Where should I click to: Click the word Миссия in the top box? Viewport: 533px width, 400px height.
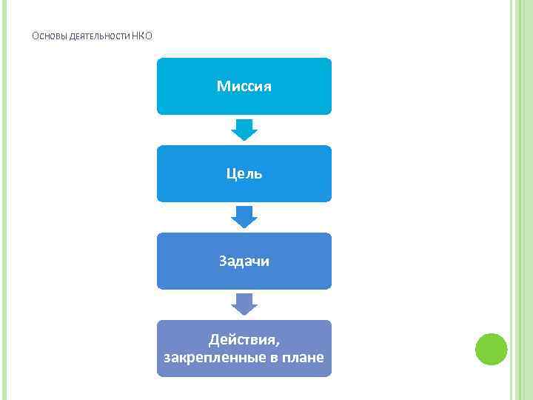[x=244, y=87]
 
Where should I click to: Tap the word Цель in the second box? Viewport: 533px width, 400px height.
[x=244, y=173]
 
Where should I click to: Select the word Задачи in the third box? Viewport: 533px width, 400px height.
[x=244, y=261]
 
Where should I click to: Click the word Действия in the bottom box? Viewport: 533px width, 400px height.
[x=243, y=339]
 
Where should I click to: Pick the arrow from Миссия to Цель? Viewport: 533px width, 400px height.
[x=244, y=130]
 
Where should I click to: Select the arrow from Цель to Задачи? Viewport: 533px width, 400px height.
[x=244, y=217]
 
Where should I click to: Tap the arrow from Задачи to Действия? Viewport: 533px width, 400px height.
[x=244, y=304]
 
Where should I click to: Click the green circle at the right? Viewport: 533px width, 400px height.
[x=491, y=349]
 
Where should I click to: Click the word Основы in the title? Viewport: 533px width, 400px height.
[x=50, y=36]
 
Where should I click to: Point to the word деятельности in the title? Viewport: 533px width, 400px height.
[x=99, y=36]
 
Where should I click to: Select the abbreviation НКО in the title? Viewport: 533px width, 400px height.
[x=142, y=36]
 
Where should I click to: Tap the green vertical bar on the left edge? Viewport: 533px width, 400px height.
[x=4, y=200]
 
